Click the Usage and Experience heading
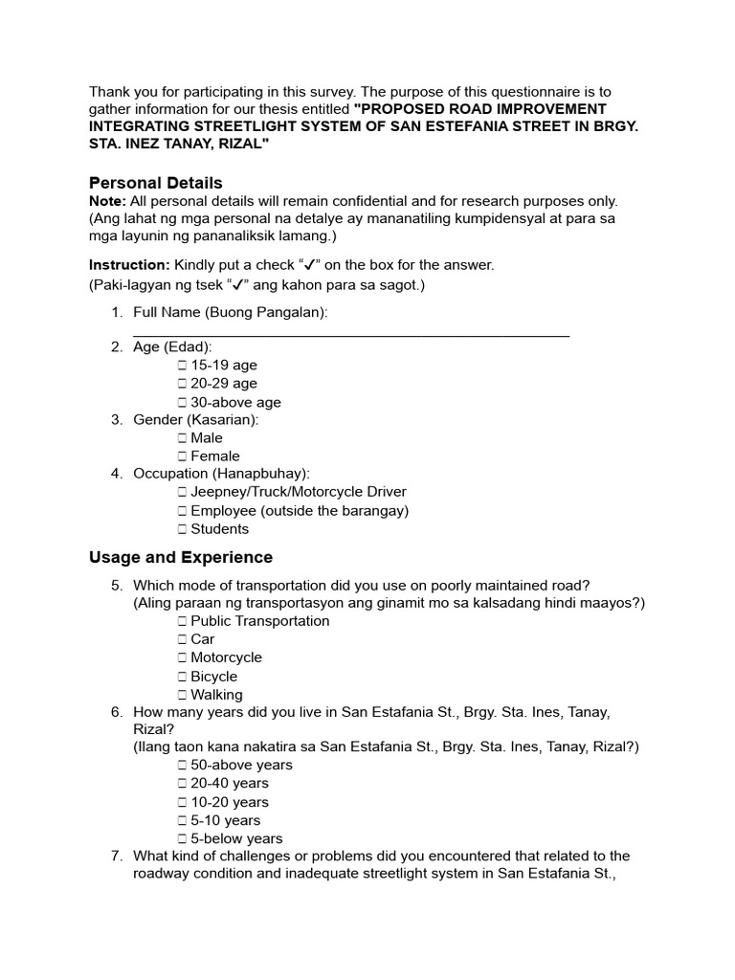(x=180, y=557)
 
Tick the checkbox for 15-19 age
(x=182, y=366)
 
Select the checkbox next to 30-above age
(x=182, y=403)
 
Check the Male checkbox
(x=182, y=438)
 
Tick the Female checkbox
(x=182, y=457)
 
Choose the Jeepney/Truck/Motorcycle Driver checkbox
(x=182, y=492)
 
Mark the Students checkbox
(x=182, y=529)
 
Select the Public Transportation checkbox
(x=182, y=621)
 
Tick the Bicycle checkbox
(x=182, y=677)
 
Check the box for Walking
(x=182, y=695)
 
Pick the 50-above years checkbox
(x=182, y=766)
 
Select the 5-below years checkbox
(x=182, y=839)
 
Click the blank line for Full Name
(x=351, y=333)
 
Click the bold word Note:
(x=107, y=201)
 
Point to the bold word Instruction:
(x=129, y=265)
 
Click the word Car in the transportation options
(x=202, y=639)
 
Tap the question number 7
(x=116, y=857)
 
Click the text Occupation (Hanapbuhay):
(x=221, y=474)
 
